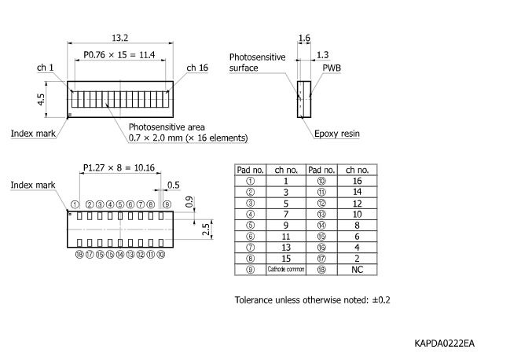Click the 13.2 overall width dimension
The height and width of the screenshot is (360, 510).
pyautogui.click(x=120, y=37)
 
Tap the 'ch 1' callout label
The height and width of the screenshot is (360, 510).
pyautogui.click(x=45, y=68)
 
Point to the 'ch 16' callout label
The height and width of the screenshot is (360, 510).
pyautogui.click(x=197, y=68)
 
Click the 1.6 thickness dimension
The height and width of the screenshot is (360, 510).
pyautogui.click(x=304, y=38)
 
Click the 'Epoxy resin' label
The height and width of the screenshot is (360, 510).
pyautogui.click(x=337, y=134)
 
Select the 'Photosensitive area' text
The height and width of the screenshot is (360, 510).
pyautogui.click(x=169, y=127)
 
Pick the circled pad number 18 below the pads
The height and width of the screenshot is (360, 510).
pyautogui.click(x=79, y=255)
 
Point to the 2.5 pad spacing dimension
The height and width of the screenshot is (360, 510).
pyautogui.click(x=204, y=229)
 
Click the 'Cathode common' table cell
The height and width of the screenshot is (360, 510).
pyautogui.click(x=287, y=270)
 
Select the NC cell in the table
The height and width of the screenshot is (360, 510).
pyautogui.click(x=358, y=270)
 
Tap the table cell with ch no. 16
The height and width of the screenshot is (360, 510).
pyautogui.click(x=358, y=181)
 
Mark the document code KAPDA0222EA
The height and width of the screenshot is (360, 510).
pyautogui.click(x=446, y=343)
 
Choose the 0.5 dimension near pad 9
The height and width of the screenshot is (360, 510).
pyautogui.click(x=174, y=186)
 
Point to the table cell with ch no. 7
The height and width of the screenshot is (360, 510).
pyautogui.click(x=287, y=214)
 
